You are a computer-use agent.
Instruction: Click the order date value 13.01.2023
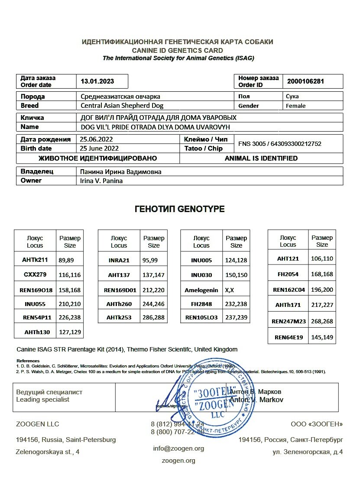click(97, 81)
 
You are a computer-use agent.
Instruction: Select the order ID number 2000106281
click(305, 81)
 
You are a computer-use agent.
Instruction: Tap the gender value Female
click(295, 106)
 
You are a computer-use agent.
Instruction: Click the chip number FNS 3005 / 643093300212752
click(280, 144)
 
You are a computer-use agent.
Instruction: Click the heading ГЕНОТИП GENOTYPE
click(180, 209)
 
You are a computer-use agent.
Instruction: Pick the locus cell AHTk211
click(35, 260)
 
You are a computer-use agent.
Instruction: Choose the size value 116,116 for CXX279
click(70, 274)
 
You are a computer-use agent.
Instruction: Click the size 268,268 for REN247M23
click(322, 321)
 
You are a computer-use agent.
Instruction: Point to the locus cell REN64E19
click(288, 336)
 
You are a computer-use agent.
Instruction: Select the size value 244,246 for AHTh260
click(153, 303)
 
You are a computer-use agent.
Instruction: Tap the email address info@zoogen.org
click(178, 448)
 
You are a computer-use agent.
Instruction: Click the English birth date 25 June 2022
click(99, 148)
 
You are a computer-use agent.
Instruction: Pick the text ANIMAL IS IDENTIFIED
click(261, 158)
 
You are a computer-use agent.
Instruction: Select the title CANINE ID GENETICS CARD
click(178, 50)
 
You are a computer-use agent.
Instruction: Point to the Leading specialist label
click(42, 400)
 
